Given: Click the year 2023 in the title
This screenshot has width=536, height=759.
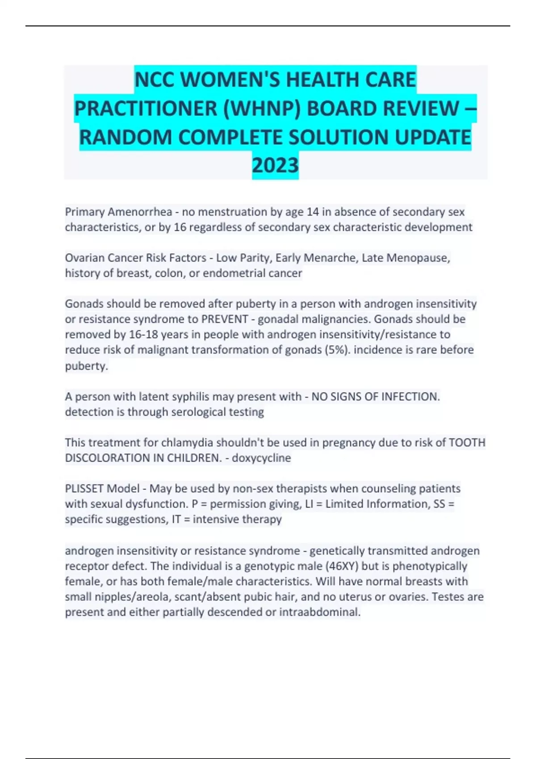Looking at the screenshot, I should [x=275, y=166].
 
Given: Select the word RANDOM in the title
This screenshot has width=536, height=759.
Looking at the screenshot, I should [x=126, y=137].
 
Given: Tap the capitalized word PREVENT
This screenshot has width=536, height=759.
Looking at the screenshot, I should [x=225, y=319].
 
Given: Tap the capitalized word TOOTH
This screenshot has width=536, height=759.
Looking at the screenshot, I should [x=467, y=442].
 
